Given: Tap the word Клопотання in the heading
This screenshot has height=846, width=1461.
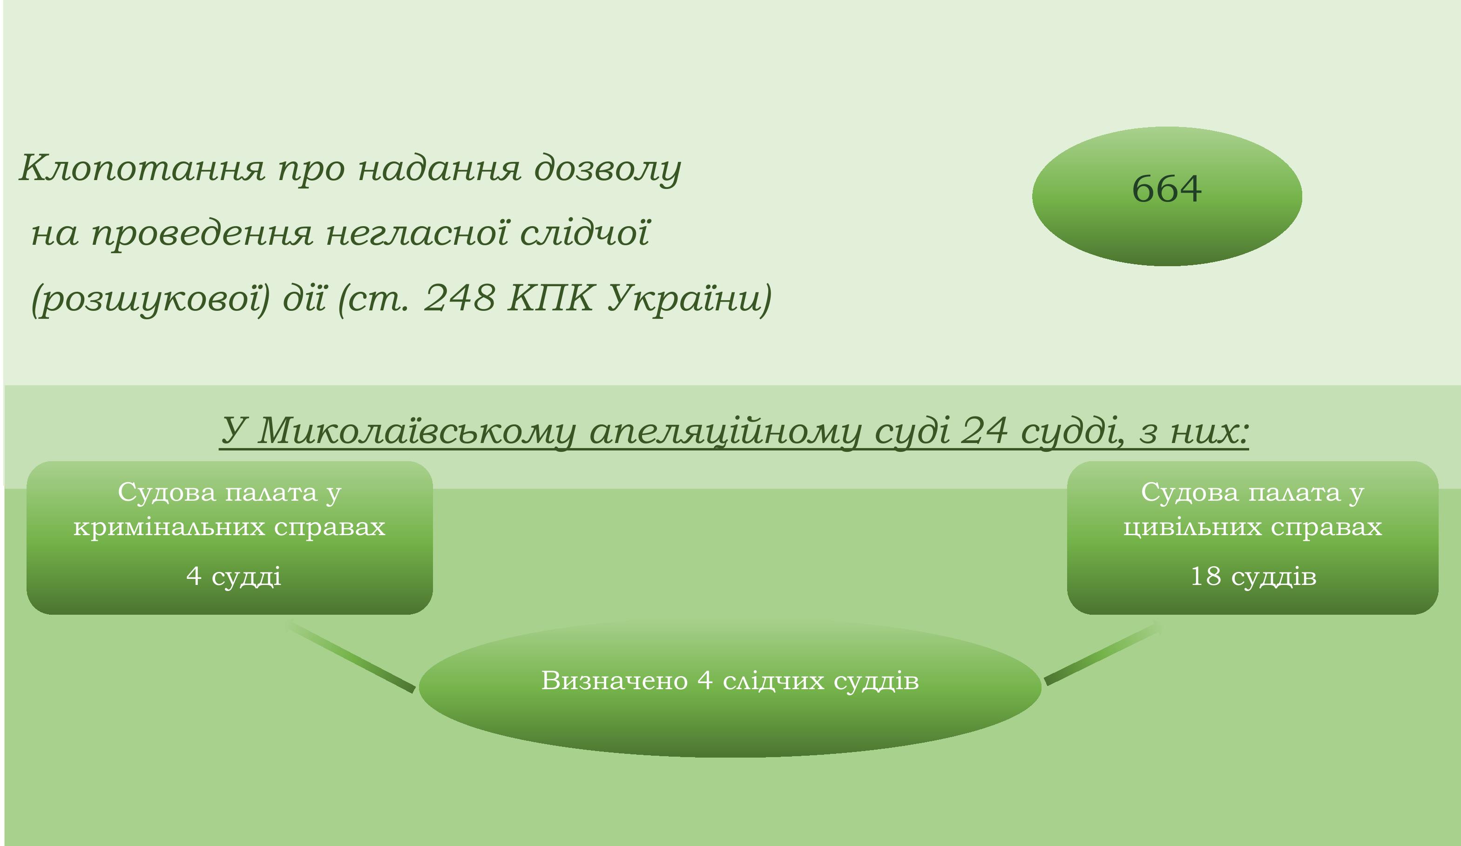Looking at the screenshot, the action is [x=142, y=168].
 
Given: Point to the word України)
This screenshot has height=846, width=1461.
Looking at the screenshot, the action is [x=690, y=299].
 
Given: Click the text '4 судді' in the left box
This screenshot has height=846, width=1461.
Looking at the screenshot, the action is [x=234, y=576].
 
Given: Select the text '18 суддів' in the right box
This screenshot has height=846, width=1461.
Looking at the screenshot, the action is [x=1253, y=576].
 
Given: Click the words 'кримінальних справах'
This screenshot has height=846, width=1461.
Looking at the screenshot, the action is [x=230, y=527].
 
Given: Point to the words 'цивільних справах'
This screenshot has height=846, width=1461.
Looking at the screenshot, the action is [x=1253, y=527].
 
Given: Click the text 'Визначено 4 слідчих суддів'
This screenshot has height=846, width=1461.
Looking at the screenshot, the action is [x=730, y=680].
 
